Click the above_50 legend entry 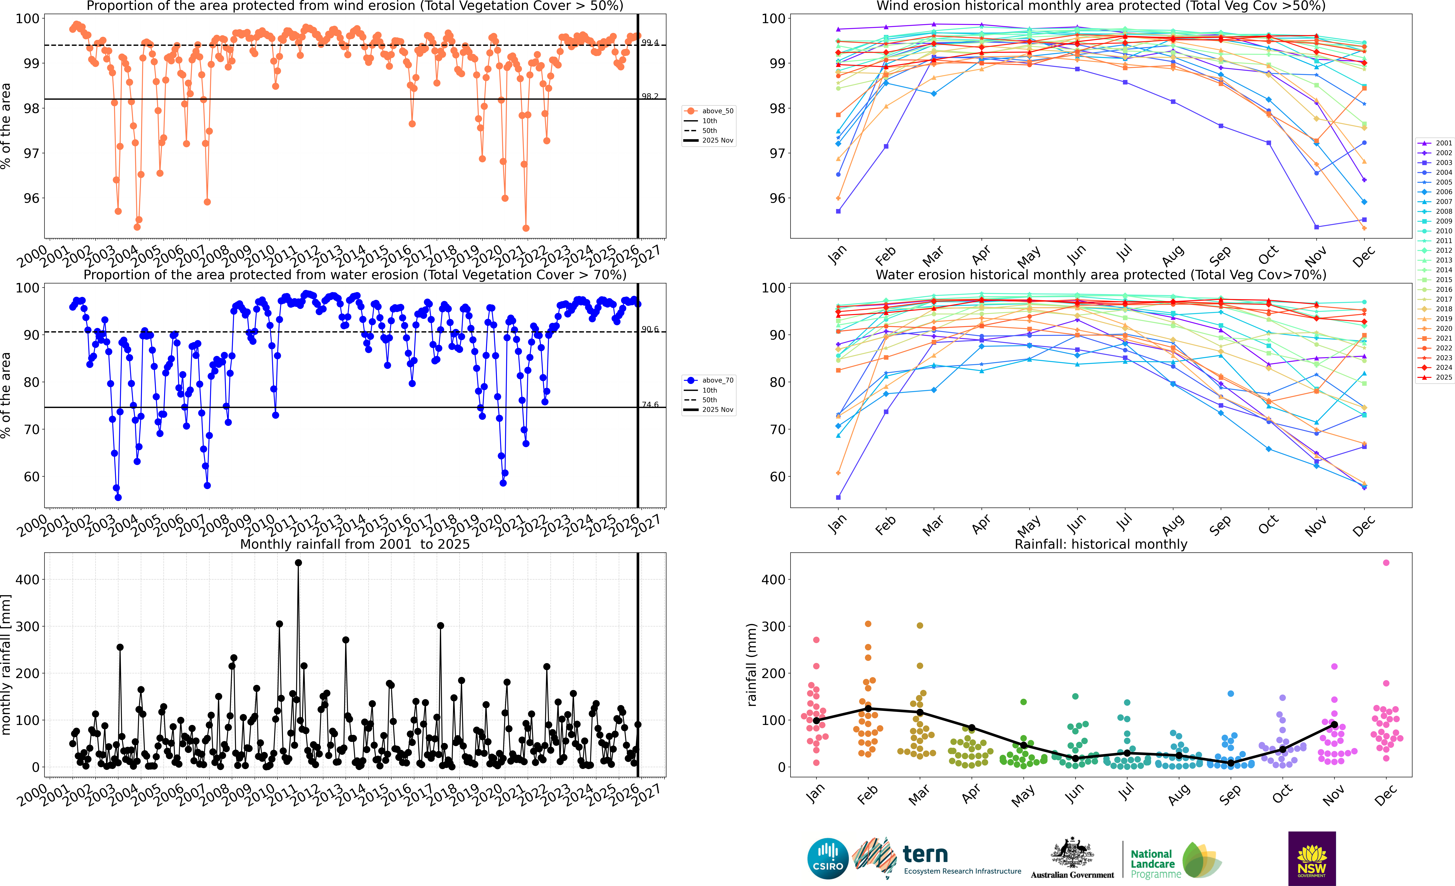click(x=709, y=111)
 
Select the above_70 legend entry click(x=709, y=380)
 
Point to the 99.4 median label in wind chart click(x=650, y=43)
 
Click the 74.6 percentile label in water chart click(x=650, y=405)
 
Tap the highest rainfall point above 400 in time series click(x=298, y=563)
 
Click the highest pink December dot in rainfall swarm click(x=1386, y=563)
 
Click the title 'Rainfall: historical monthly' click(x=1101, y=544)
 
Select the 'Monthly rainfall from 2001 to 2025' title click(x=355, y=544)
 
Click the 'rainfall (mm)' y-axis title click(x=751, y=665)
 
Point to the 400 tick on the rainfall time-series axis click(x=28, y=579)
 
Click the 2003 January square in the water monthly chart click(x=838, y=497)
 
